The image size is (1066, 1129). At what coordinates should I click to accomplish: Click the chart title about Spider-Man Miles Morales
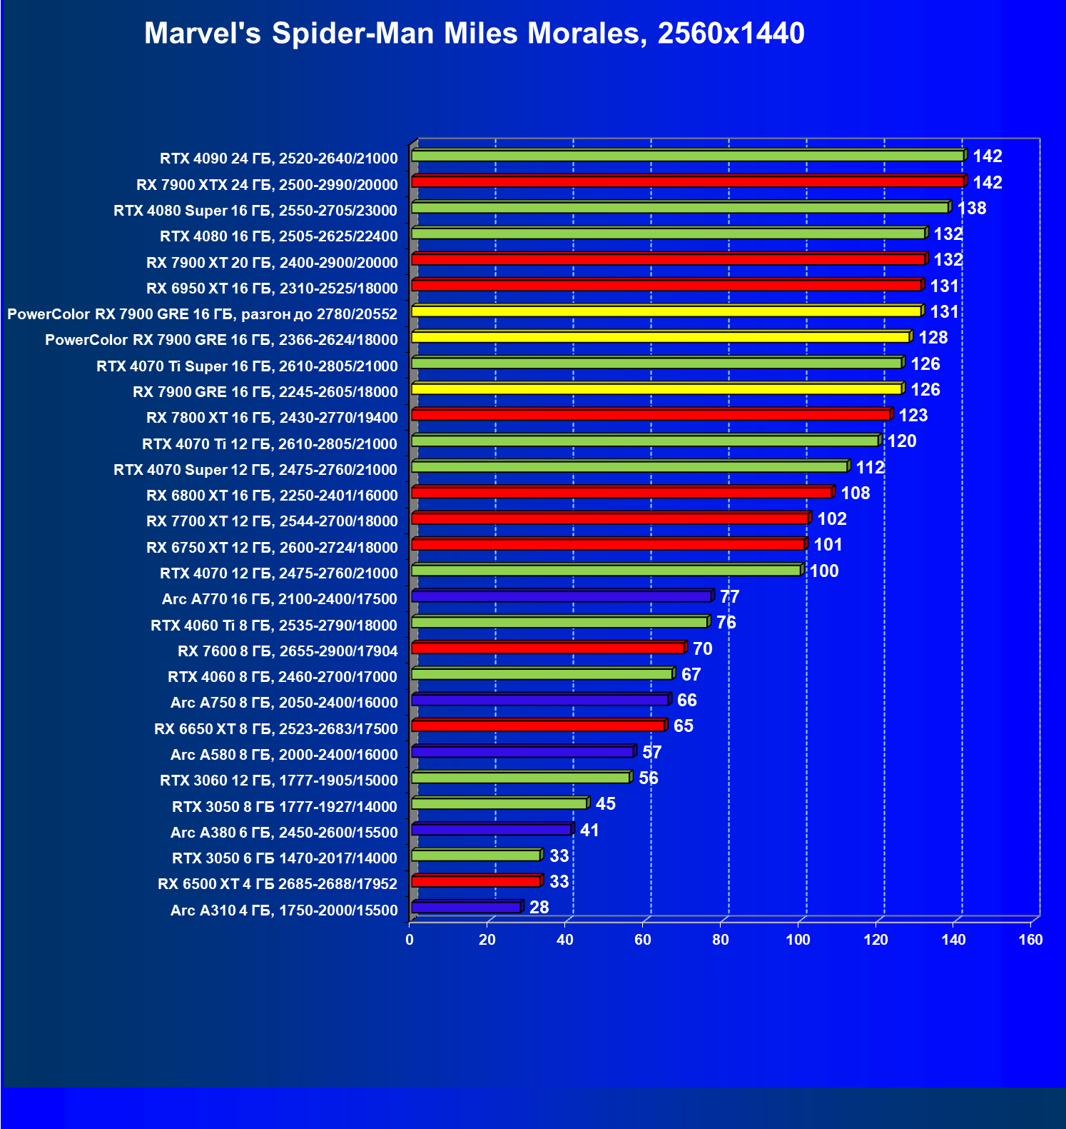coord(474,34)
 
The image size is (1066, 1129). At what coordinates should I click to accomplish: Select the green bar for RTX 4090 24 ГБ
coord(687,156)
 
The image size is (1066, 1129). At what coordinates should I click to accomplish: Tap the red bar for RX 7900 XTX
coord(687,182)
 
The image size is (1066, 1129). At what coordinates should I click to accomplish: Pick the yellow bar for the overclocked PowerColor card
coord(666,311)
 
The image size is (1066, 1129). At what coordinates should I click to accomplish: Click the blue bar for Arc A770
coord(562,596)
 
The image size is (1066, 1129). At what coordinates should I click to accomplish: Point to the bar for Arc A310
coord(466,908)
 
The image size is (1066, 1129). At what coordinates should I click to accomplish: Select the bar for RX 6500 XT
coord(476,882)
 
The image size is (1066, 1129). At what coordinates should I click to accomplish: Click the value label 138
coord(971,209)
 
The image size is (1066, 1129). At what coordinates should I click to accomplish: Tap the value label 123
coord(913,416)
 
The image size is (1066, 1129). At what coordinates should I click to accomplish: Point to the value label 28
coord(539,908)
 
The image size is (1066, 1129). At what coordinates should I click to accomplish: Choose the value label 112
coord(870,468)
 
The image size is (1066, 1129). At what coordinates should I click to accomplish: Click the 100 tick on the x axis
coord(798,940)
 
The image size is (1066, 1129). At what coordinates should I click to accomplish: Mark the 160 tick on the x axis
coord(1030,940)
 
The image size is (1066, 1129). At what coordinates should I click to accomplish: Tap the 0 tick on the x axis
coord(410,940)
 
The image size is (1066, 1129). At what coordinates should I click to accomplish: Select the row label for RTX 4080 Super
coord(255,211)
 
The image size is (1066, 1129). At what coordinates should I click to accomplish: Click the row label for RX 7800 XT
coord(272,418)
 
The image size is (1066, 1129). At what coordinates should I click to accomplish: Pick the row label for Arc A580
coord(284,755)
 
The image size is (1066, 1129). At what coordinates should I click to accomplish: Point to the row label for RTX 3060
coord(278,781)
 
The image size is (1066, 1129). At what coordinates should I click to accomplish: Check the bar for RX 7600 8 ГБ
coord(548,648)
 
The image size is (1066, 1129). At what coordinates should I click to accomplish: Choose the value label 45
coord(605,804)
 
